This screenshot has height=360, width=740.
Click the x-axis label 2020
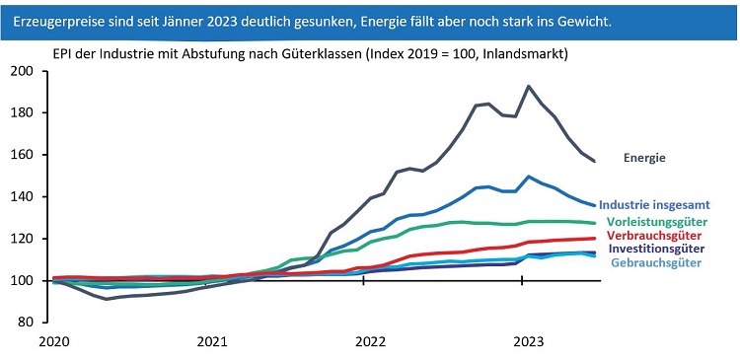[x=55, y=342]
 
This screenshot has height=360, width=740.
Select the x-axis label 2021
[x=212, y=342]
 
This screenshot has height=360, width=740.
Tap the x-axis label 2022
[x=370, y=342]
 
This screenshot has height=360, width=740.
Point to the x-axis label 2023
[x=527, y=342]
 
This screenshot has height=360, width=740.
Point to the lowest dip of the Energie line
[x=108, y=299]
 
